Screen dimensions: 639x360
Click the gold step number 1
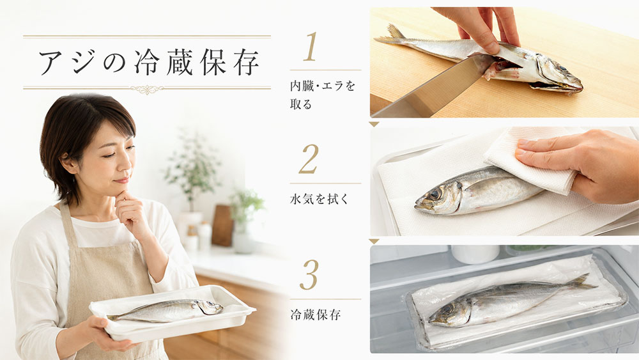coord(310,47)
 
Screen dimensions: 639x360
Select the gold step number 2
coord(309,159)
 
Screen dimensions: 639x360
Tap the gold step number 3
coord(309,274)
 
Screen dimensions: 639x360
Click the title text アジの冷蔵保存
coord(149,63)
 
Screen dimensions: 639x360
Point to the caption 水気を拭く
coord(319,199)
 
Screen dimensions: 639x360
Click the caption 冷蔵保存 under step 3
coord(315,315)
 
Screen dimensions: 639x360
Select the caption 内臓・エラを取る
coord(322,95)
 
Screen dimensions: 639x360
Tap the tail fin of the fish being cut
coord(391,35)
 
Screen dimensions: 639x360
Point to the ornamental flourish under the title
coord(147,90)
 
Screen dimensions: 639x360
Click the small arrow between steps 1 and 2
coord(374,124)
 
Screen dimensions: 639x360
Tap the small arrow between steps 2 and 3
coord(374,241)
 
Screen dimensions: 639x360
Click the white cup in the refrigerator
coord(475,254)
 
